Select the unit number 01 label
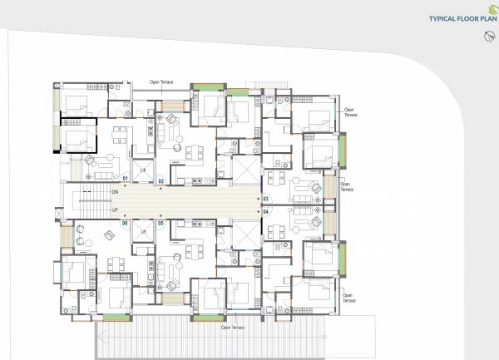(126, 179)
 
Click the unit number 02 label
(162, 179)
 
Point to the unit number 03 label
(265, 199)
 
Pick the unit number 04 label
(265, 212)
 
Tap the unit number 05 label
(161, 223)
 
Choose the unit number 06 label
(126, 223)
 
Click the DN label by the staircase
(114, 192)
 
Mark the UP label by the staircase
(114, 210)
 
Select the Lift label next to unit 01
(143, 171)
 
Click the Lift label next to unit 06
(143, 230)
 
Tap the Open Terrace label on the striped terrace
(234, 327)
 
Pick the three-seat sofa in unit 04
(309, 224)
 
